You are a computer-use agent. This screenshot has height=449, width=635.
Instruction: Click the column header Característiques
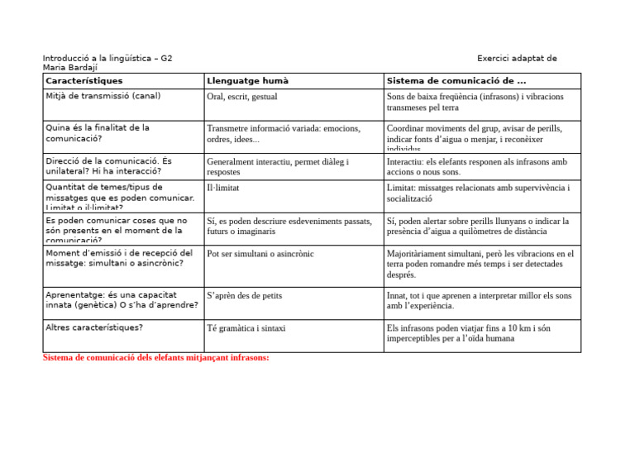(x=84, y=81)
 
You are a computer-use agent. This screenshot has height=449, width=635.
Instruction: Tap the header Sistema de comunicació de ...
(x=456, y=81)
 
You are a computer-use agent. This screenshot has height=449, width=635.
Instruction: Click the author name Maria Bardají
(x=70, y=68)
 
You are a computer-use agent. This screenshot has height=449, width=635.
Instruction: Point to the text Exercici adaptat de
(x=517, y=59)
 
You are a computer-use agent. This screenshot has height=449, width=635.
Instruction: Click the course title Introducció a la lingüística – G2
(x=107, y=59)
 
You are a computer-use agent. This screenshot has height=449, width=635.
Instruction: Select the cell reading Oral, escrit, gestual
(x=242, y=97)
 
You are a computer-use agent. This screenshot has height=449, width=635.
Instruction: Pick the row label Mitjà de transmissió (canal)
(x=103, y=96)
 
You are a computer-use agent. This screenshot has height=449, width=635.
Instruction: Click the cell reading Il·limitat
(x=223, y=189)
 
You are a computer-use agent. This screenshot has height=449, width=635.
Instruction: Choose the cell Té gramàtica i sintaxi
(x=246, y=328)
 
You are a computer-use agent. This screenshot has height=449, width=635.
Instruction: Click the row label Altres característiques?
(x=94, y=327)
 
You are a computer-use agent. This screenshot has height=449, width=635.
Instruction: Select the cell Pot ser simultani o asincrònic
(x=260, y=254)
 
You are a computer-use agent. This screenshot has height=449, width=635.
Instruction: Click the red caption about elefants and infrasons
(x=155, y=358)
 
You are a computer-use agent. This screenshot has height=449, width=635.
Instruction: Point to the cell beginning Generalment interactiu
(x=278, y=168)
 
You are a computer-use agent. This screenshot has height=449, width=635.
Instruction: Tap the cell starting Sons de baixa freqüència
(x=475, y=102)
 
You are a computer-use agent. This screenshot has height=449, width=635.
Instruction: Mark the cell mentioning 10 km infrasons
(x=475, y=333)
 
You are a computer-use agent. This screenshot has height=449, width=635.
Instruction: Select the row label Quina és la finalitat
(x=98, y=134)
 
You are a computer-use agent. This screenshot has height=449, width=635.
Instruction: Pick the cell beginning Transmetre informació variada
(x=284, y=134)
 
